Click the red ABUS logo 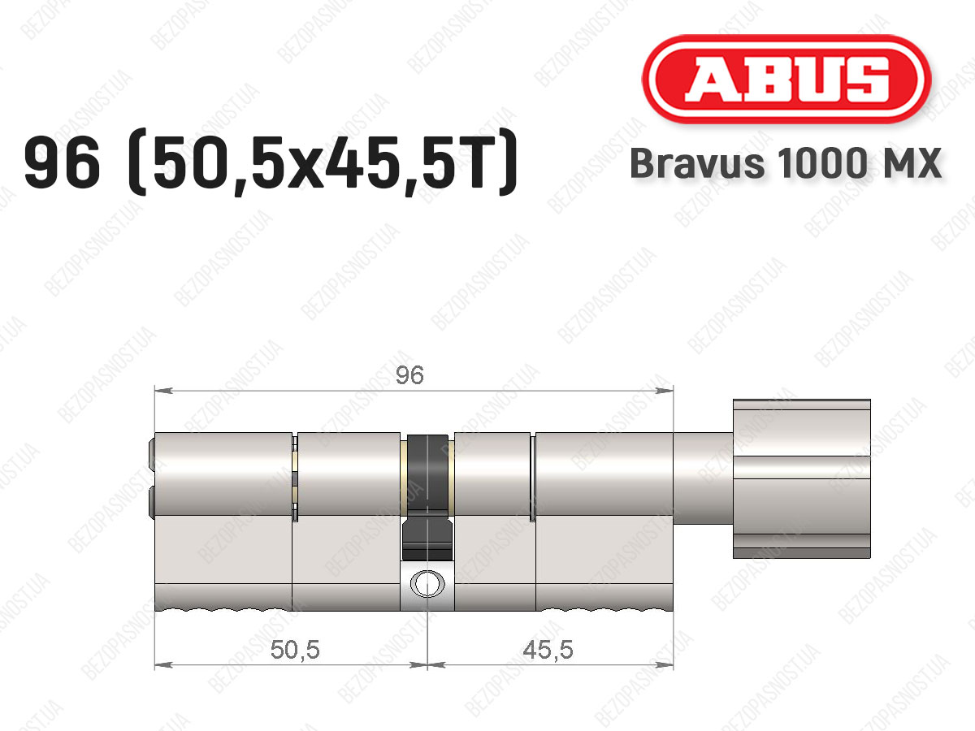coord(786,79)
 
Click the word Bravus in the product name coord(697,163)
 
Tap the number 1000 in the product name coord(822,163)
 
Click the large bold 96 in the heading coord(63,162)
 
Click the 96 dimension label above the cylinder coord(409,375)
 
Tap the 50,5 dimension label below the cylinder coord(295,650)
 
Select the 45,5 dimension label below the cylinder coord(548,650)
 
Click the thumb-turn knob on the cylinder coord(801,478)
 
